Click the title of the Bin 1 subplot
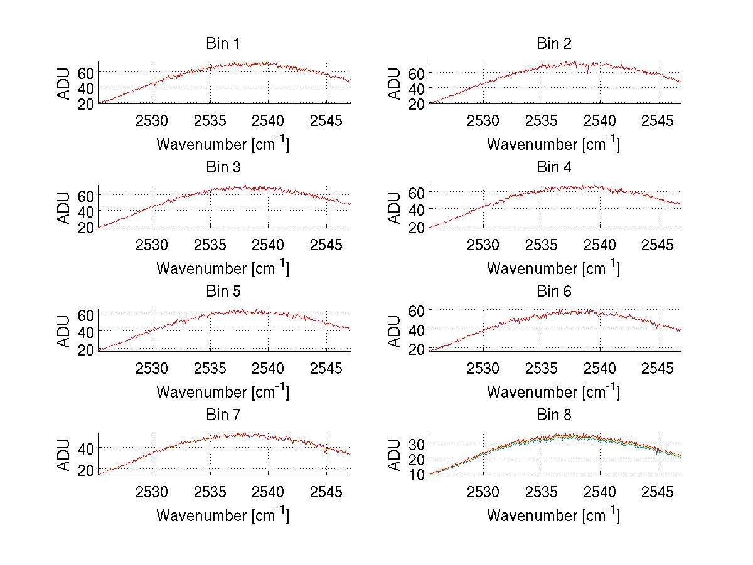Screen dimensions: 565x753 coord(223,44)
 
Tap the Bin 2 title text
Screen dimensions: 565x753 coord(554,44)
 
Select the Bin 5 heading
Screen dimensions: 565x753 coord(223,292)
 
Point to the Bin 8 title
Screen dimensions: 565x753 coord(554,415)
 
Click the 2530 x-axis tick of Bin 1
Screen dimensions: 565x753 coord(152,120)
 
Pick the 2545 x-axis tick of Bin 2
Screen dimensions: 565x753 coord(658,120)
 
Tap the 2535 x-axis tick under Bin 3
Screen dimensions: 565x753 coord(210,244)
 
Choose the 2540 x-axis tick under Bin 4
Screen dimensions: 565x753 coord(600,244)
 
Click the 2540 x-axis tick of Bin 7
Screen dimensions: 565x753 coord(269,491)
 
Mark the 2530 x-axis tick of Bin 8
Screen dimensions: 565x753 coord(483,491)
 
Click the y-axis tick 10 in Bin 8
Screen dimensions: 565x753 coord(418,474)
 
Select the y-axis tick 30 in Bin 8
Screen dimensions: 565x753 coord(418,443)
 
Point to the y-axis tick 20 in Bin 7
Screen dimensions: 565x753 coord(87,470)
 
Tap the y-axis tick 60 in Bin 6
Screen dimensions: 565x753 coord(418,310)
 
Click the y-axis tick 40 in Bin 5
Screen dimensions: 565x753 coord(87,330)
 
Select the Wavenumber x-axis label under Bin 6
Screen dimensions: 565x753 coord(553,391)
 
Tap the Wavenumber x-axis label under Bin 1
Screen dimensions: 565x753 coord(223,144)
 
